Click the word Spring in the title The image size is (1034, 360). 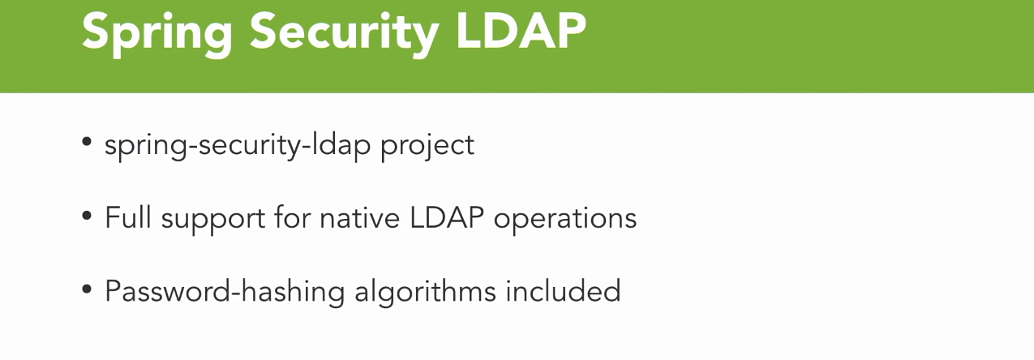click(x=157, y=33)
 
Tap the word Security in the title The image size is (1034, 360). click(x=344, y=33)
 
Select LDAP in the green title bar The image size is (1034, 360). click(x=521, y=30)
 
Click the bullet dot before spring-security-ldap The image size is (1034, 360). click(x=86, y=142)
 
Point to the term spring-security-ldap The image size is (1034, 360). click(x=238, y=146)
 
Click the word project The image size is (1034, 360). click(x=427, y=147)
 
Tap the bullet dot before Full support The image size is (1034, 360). click(x=86, y=215)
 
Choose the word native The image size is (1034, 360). click(x=359, y=217)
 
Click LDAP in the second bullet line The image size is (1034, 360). click(x=447, y=217)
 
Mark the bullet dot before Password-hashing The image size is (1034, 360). click(x=86, y=289)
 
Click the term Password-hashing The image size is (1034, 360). click(x=225, y=292)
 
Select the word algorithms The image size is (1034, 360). click(x=425, y=292)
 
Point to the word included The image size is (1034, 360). click(x=563, y=290)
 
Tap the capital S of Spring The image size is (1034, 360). click(x=95, y=30)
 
